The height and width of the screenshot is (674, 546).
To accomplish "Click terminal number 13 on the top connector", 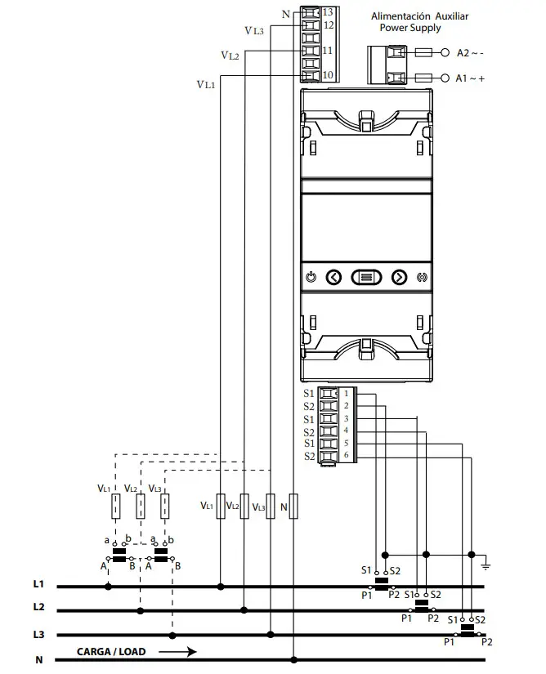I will pyautogui.click(x=326, y=12).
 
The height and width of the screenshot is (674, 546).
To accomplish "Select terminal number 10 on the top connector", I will pyautogui.click(x=326, y=75).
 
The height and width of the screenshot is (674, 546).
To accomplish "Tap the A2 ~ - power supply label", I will pyautogui.click(x=470, y=52).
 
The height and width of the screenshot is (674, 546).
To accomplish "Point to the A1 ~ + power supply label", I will pyautogui.click(x=470, y=78).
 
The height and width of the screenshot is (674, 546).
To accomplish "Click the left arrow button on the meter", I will pyautogui.click(x=333, y=277).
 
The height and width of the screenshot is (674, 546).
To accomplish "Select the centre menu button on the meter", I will pyautogui.click(x=365, y=277).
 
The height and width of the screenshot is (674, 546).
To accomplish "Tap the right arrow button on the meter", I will pyautogui.click(x=399, y=277).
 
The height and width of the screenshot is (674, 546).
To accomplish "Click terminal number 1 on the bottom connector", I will pyautogui.click(x=346, y=394).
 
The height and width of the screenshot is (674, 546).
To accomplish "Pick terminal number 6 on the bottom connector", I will pyautogui.click(x=346, y=455).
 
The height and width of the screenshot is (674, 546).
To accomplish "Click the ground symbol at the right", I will pyautogui.click(x=485, y=565).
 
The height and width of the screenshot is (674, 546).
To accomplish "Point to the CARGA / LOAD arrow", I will pyautogui.click(x=177, y=652).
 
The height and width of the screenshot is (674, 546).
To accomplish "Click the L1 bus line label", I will pyautogui.click(x=38, y=586).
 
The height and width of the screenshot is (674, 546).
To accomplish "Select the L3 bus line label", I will pyautogui.click(x=38, y=634).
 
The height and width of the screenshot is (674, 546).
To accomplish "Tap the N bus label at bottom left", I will pyautogui.click(x=38, y=659).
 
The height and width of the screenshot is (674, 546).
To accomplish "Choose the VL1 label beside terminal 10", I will pyautogui.click(x=205, y=84).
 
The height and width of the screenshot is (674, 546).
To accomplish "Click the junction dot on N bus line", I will pyautogui.click(x=294, y=659).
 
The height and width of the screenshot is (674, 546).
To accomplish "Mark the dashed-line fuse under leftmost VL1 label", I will pyautogui.click(x=116, y=507).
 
